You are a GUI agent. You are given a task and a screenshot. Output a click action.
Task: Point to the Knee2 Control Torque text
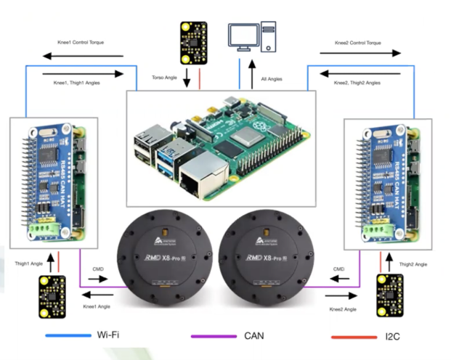pos(357,43)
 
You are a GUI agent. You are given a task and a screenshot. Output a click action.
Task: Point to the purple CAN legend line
pos(213,336)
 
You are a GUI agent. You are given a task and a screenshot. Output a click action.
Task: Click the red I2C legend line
pos(353,336)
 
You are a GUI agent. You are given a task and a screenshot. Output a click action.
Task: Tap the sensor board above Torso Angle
pos(194,41)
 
